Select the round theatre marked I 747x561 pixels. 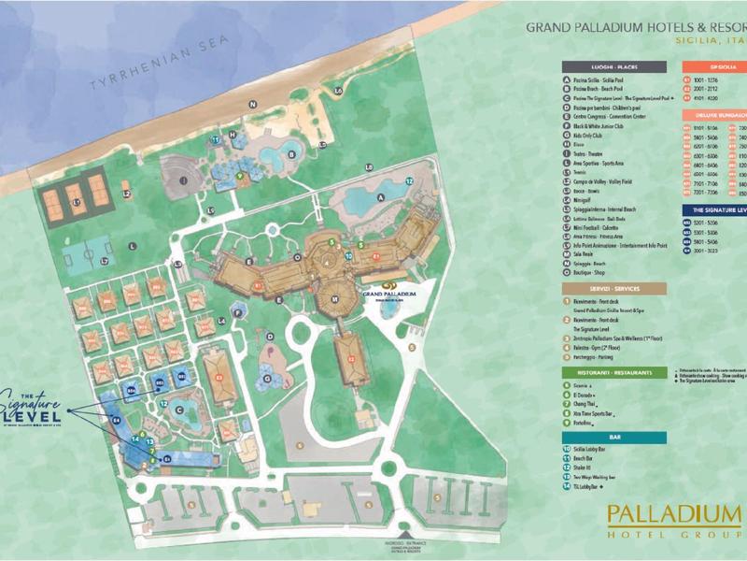click(x=185, y=178)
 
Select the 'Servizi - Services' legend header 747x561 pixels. click(x=613, y=289)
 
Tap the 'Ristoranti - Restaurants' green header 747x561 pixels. click(x=613, y=371)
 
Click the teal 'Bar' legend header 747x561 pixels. click(x=613, y=435)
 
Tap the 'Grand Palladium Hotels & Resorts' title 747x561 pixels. click(x=636, y=27)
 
